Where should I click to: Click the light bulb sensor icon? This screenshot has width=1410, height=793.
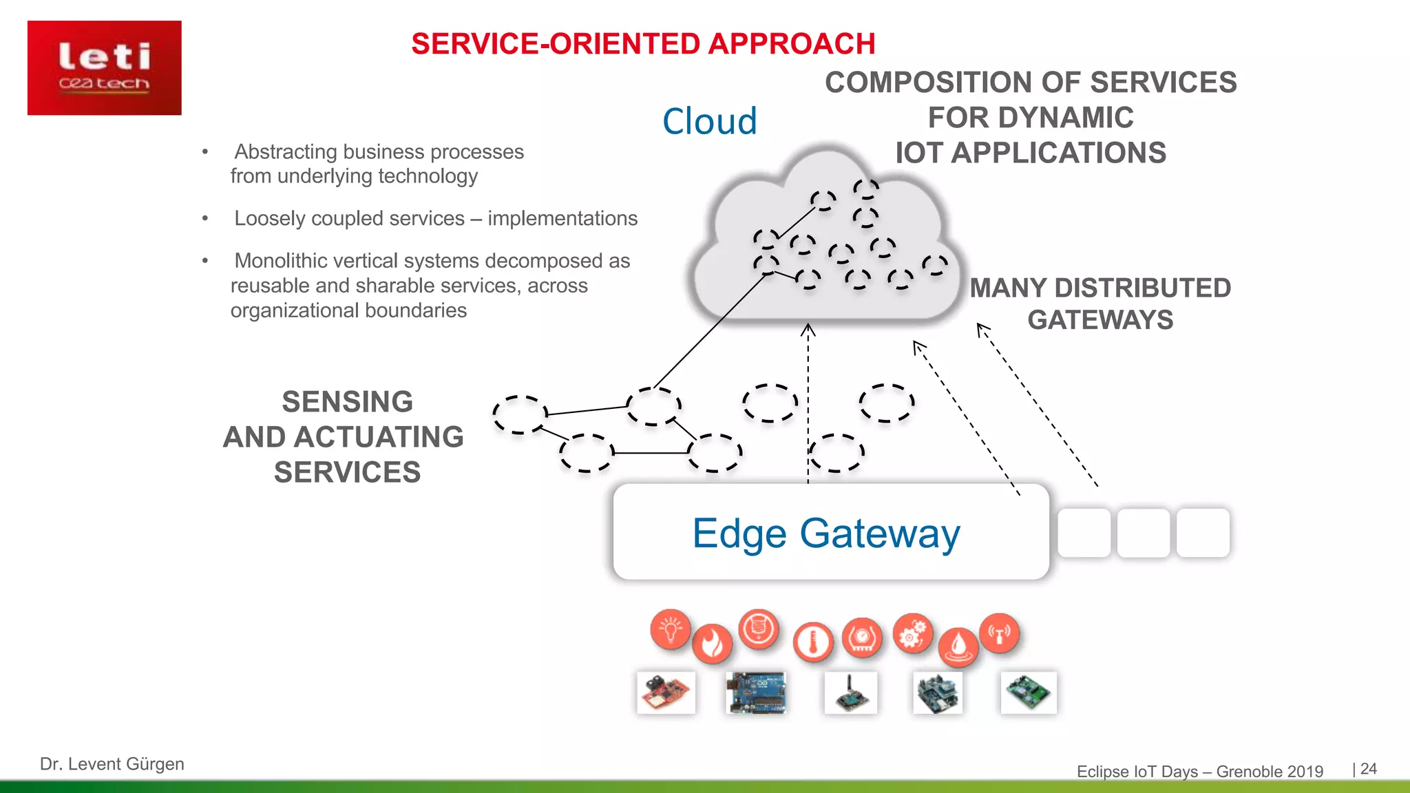coord(670,629)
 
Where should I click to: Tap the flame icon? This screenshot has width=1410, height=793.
coord(712,644)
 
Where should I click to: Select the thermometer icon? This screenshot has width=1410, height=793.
coord(813,643)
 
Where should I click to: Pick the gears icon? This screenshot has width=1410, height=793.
coord(913,633)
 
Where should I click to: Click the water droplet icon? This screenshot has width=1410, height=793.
coord(958,647)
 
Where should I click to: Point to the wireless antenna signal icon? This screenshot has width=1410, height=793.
coord(999,633)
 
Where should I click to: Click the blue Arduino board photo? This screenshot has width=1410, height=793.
coord(756,692)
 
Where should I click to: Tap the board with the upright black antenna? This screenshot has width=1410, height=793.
coord(851,692)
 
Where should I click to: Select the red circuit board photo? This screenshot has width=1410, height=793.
coord(666,692)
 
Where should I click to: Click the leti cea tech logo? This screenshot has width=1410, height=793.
coord(105,67)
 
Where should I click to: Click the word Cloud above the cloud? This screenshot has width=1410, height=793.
coord(709,122)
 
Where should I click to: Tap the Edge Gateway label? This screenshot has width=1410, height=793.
coord(826,533)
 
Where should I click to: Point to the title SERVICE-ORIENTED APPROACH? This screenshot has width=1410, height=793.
coord(643,44)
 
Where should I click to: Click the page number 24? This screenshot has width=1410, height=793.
coord(1369,769)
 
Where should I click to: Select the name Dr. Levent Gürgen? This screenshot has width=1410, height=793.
coord(112,764)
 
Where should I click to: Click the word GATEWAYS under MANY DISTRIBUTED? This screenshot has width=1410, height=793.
coord(1100,320)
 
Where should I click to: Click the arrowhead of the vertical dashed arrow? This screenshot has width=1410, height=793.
coord(808,330)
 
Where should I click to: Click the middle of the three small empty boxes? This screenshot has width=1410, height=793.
coord(1143,533)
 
